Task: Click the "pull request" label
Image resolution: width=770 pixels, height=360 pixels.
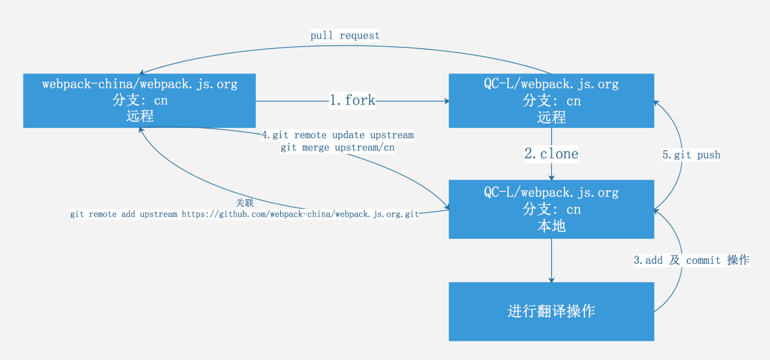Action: pyautogui.click(x=345, y=35)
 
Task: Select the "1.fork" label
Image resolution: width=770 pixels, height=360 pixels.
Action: pyautogui.click(x=352, y=101)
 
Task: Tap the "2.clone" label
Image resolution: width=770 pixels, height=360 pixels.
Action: pyautogui.click(x=551, y=154)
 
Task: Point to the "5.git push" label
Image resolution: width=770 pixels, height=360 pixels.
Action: pyautogui.click(x=691, y=155)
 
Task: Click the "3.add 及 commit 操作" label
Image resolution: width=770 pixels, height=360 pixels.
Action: pyautogui.click(x=691, y=260)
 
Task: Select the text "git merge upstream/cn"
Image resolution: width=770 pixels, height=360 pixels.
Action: pyautogui.click(x=337, y=147)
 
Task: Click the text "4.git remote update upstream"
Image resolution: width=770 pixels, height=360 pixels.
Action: pyautogui.click(x=337, y=135)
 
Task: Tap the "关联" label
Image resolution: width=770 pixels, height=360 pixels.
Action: pyautogui.click(x=244, y=202)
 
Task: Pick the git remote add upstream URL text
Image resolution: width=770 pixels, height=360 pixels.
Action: pyautogui.click(x=244, y=214)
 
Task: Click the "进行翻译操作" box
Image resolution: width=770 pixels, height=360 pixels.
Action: pyautogui.click(x=551, y=312)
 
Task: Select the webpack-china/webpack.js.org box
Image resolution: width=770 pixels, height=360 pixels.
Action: pyautogui.click(x=139, y=101)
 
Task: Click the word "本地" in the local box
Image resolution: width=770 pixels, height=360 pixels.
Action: pyautogui.click(x=551, y=226)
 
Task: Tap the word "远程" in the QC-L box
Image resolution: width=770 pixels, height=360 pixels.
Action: pyautogui.click(x=551, y=117)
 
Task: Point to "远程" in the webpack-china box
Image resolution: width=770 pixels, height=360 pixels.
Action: pyautogui.click(x=140, y=116)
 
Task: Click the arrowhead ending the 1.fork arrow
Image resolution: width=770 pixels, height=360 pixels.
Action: pyautogui.click(x=446, y=101)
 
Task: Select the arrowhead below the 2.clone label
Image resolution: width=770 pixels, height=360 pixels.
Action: pyautogui.click(x=551, y=177)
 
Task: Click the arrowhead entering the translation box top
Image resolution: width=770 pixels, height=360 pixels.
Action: pyautogui.click(x=551, y=280)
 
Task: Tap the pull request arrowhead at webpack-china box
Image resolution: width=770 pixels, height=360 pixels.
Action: pyautogui.click(x=142, y=73)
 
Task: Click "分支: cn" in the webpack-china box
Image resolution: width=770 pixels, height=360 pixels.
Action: pyautogui.click(x=140, y=100)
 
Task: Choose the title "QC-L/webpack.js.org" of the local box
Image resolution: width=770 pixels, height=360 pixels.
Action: pyautogui.click(x=551, y=192)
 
